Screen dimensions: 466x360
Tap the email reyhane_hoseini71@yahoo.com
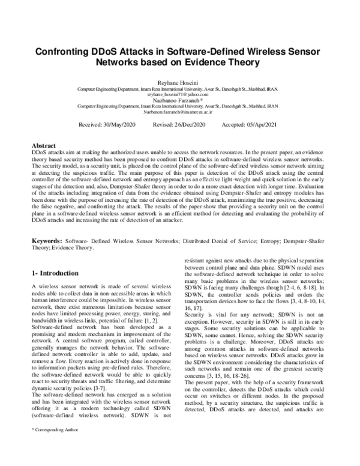tap(179, 94)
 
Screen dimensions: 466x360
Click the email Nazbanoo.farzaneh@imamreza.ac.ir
tap(179, 112)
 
